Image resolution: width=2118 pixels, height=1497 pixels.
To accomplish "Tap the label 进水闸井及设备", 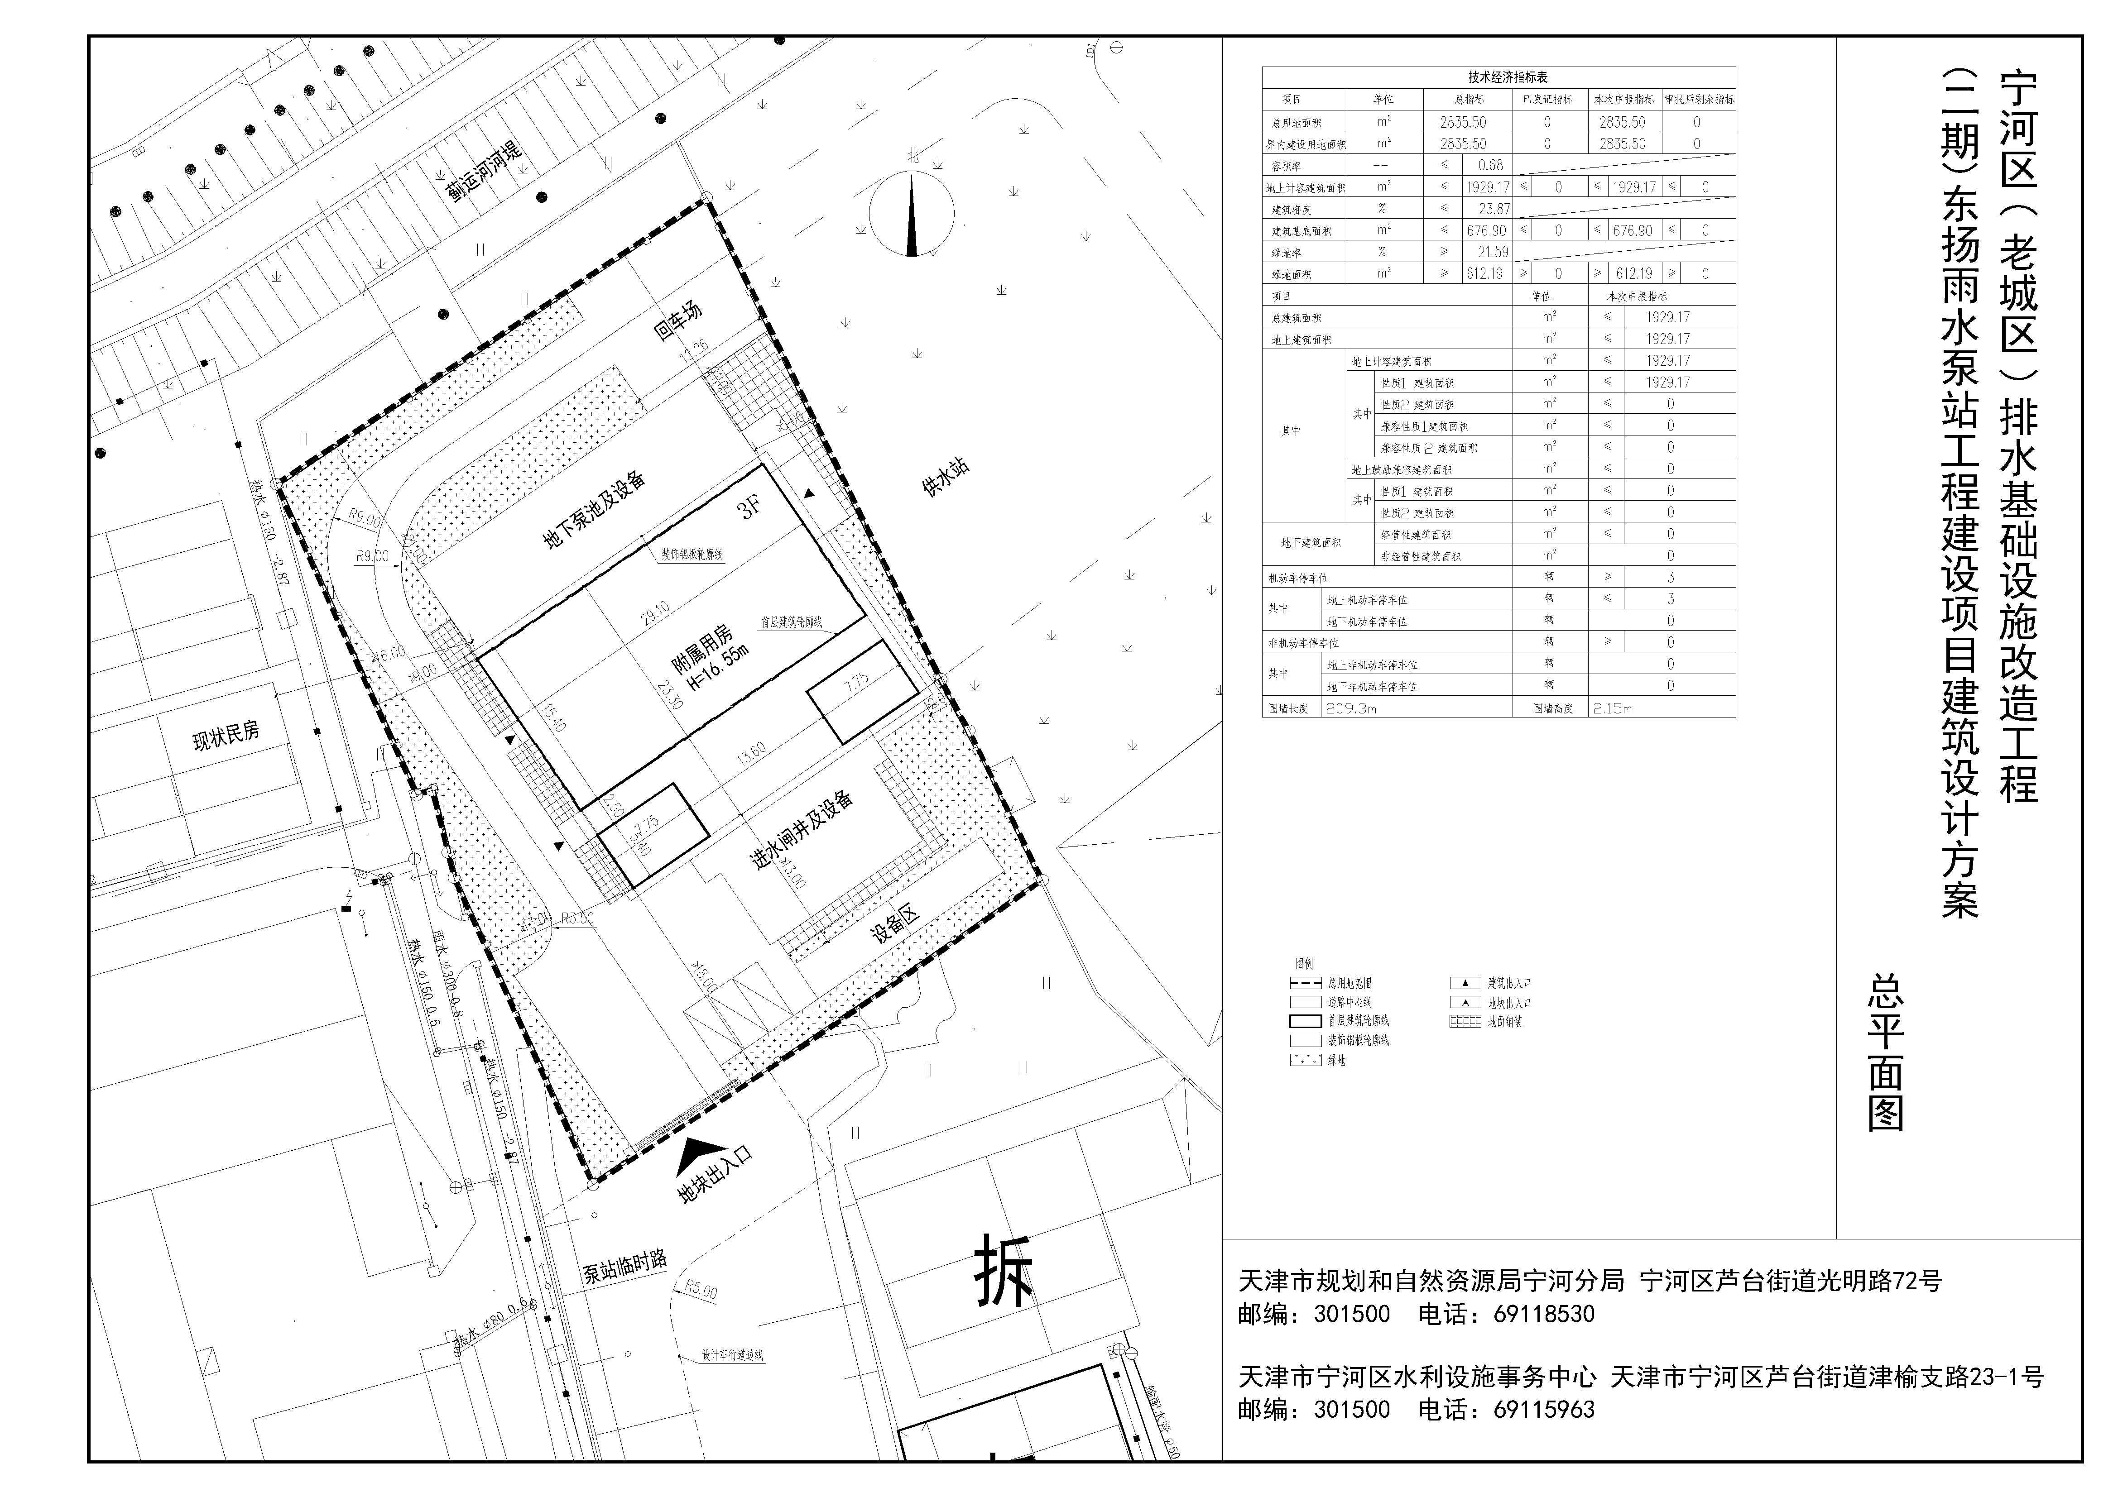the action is [x=801, y=830].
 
